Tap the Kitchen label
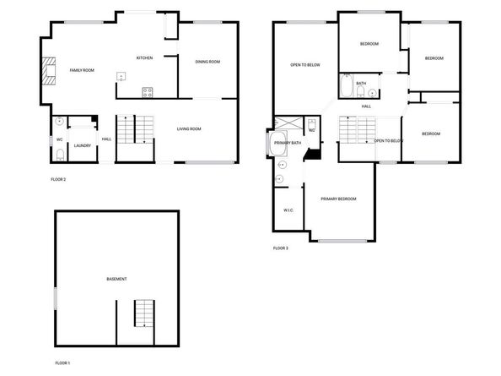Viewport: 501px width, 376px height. click(x=144, y=57)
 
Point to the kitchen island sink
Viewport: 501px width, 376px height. click(x=122, y=76)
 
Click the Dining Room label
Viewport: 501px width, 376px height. click(x=207, y=62)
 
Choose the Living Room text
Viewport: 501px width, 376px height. click(x=189, y=128)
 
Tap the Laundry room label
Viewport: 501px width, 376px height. click(x=82, y=145)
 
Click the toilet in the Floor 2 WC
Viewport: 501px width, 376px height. click(x=60, y=154)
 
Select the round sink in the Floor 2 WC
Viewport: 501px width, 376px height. click(x=59, y=120)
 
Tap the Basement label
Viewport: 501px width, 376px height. click(x=116, y=279)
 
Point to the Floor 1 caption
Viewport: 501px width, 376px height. click(x=62, y=362)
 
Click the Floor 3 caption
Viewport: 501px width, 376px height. click(x=280, y=248)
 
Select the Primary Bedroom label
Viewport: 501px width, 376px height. click(x=338, y=199)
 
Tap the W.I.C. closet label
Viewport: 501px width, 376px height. click(x=287, y=210)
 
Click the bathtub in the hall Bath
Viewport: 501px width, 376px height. click(x=347, y=87)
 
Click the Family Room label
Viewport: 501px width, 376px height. click(x=82, y=70)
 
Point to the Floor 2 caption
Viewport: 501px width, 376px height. click(x=58, y=179)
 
